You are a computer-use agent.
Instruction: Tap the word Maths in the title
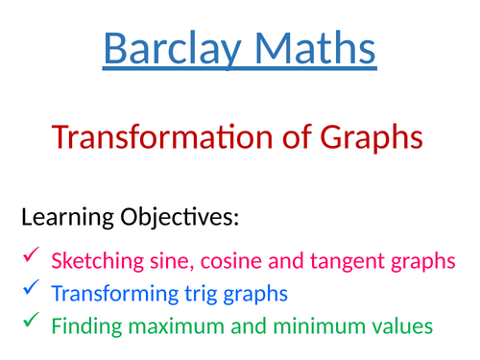[x=310, y=49]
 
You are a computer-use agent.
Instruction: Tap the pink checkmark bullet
[x=31, y=255]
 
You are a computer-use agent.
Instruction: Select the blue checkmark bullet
[x=31, y=287]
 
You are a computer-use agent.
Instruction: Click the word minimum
[x=311, y=326]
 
